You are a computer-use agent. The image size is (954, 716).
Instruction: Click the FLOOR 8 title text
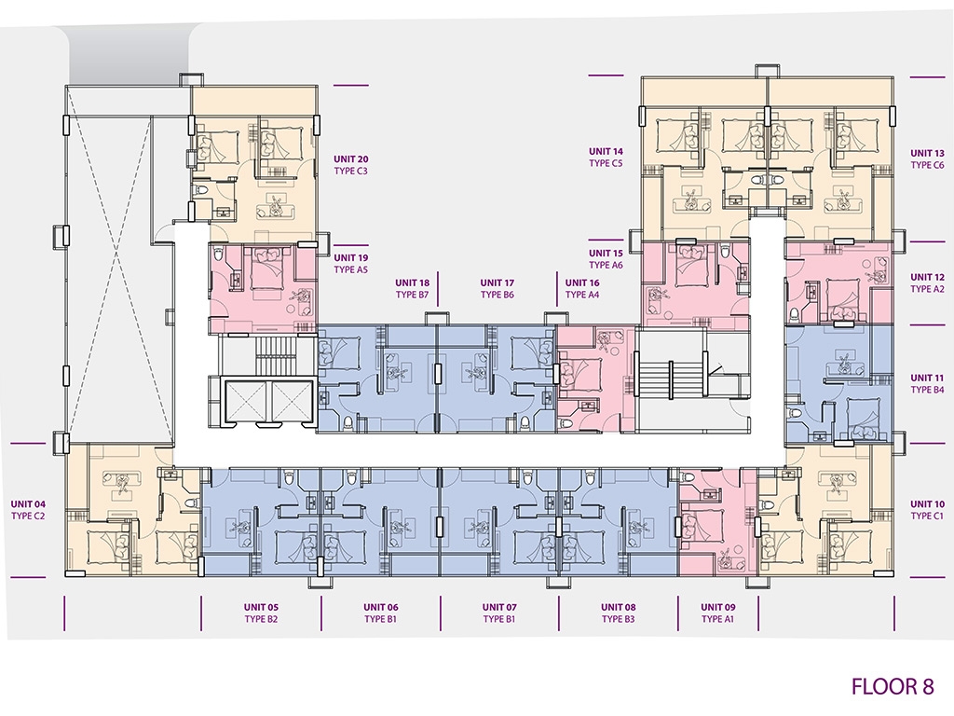(893, 686)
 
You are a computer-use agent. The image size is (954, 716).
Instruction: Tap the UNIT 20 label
(350, 158)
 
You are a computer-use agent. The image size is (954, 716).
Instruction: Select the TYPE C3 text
(350, 172)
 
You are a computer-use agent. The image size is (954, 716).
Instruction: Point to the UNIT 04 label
(28, 504)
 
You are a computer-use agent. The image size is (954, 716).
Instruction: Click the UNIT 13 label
(927, 154)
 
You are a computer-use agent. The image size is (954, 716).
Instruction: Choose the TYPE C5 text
(606, 163)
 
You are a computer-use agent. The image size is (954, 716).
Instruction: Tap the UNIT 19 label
(350, 257)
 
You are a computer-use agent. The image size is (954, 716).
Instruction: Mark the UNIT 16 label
(582, 282)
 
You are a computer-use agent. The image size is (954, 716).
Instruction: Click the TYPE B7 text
(413, 295)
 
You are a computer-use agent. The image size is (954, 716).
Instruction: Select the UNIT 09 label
(718, 607)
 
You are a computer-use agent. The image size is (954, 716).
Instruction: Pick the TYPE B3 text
(619, 619)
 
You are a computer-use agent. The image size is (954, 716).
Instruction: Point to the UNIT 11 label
(927, 379)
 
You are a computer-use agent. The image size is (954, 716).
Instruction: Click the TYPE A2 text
(927, 289)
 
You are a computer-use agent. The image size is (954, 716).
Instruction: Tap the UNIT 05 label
(261, 607)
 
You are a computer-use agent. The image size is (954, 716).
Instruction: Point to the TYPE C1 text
(927, 516)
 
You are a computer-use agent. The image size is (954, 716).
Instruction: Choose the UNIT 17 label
(497, 282)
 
